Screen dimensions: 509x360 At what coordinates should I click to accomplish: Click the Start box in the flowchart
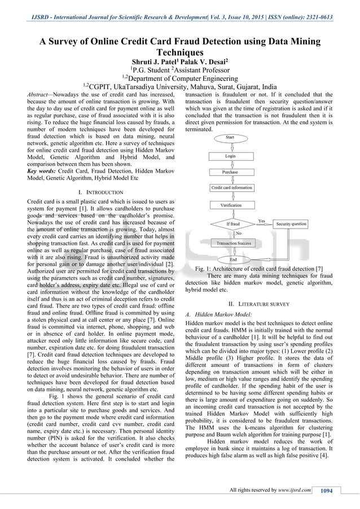point(230,137)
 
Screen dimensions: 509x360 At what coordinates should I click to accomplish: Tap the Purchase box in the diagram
point(230,172)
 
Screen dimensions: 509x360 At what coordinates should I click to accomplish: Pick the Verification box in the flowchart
point(230,205)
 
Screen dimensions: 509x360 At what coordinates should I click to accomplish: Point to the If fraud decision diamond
point(232,224)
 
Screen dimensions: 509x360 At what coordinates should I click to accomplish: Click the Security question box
point(291,224)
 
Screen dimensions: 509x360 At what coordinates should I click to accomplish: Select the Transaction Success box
point(233,243)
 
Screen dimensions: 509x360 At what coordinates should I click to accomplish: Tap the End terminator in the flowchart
point(233,260)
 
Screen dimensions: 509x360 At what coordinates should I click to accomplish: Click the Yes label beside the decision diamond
point(262,221)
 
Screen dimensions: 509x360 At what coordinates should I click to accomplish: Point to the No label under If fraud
point(238,233)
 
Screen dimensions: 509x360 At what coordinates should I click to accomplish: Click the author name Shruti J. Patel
point(153,61)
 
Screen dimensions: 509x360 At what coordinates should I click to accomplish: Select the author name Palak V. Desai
point(206,61)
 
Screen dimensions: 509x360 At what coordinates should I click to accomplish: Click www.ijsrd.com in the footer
point(295,490)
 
